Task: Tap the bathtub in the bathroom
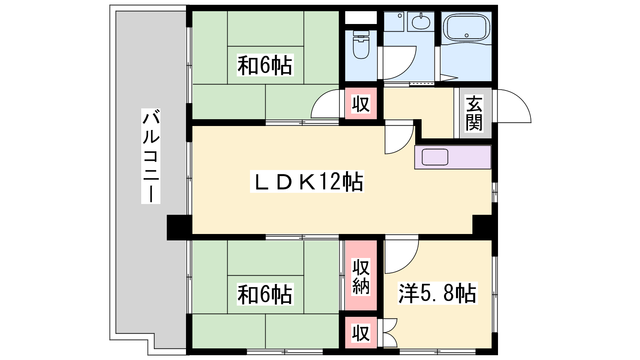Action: click(x=466, y=28)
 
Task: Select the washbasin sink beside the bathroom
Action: click(x=421, y=22)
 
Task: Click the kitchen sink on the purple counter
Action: click(x=435, y=157)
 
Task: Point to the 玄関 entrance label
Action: click(x=474, y=113)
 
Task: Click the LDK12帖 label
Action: click(x=307, y=182)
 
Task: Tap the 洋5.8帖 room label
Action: click(x=438, y=294)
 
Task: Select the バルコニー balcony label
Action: click(x=150, y=156)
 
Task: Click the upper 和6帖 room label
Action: click(x=265, y=66)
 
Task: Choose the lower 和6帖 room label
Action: click(x=265, y=294)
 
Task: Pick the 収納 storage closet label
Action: click(x=361, y=276)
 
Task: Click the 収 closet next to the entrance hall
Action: click(x=361, y=104)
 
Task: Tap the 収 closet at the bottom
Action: click(x=361, y=333)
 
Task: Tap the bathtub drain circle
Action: click(x=466, y=36)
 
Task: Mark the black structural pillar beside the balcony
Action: click(x=179, y=228)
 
